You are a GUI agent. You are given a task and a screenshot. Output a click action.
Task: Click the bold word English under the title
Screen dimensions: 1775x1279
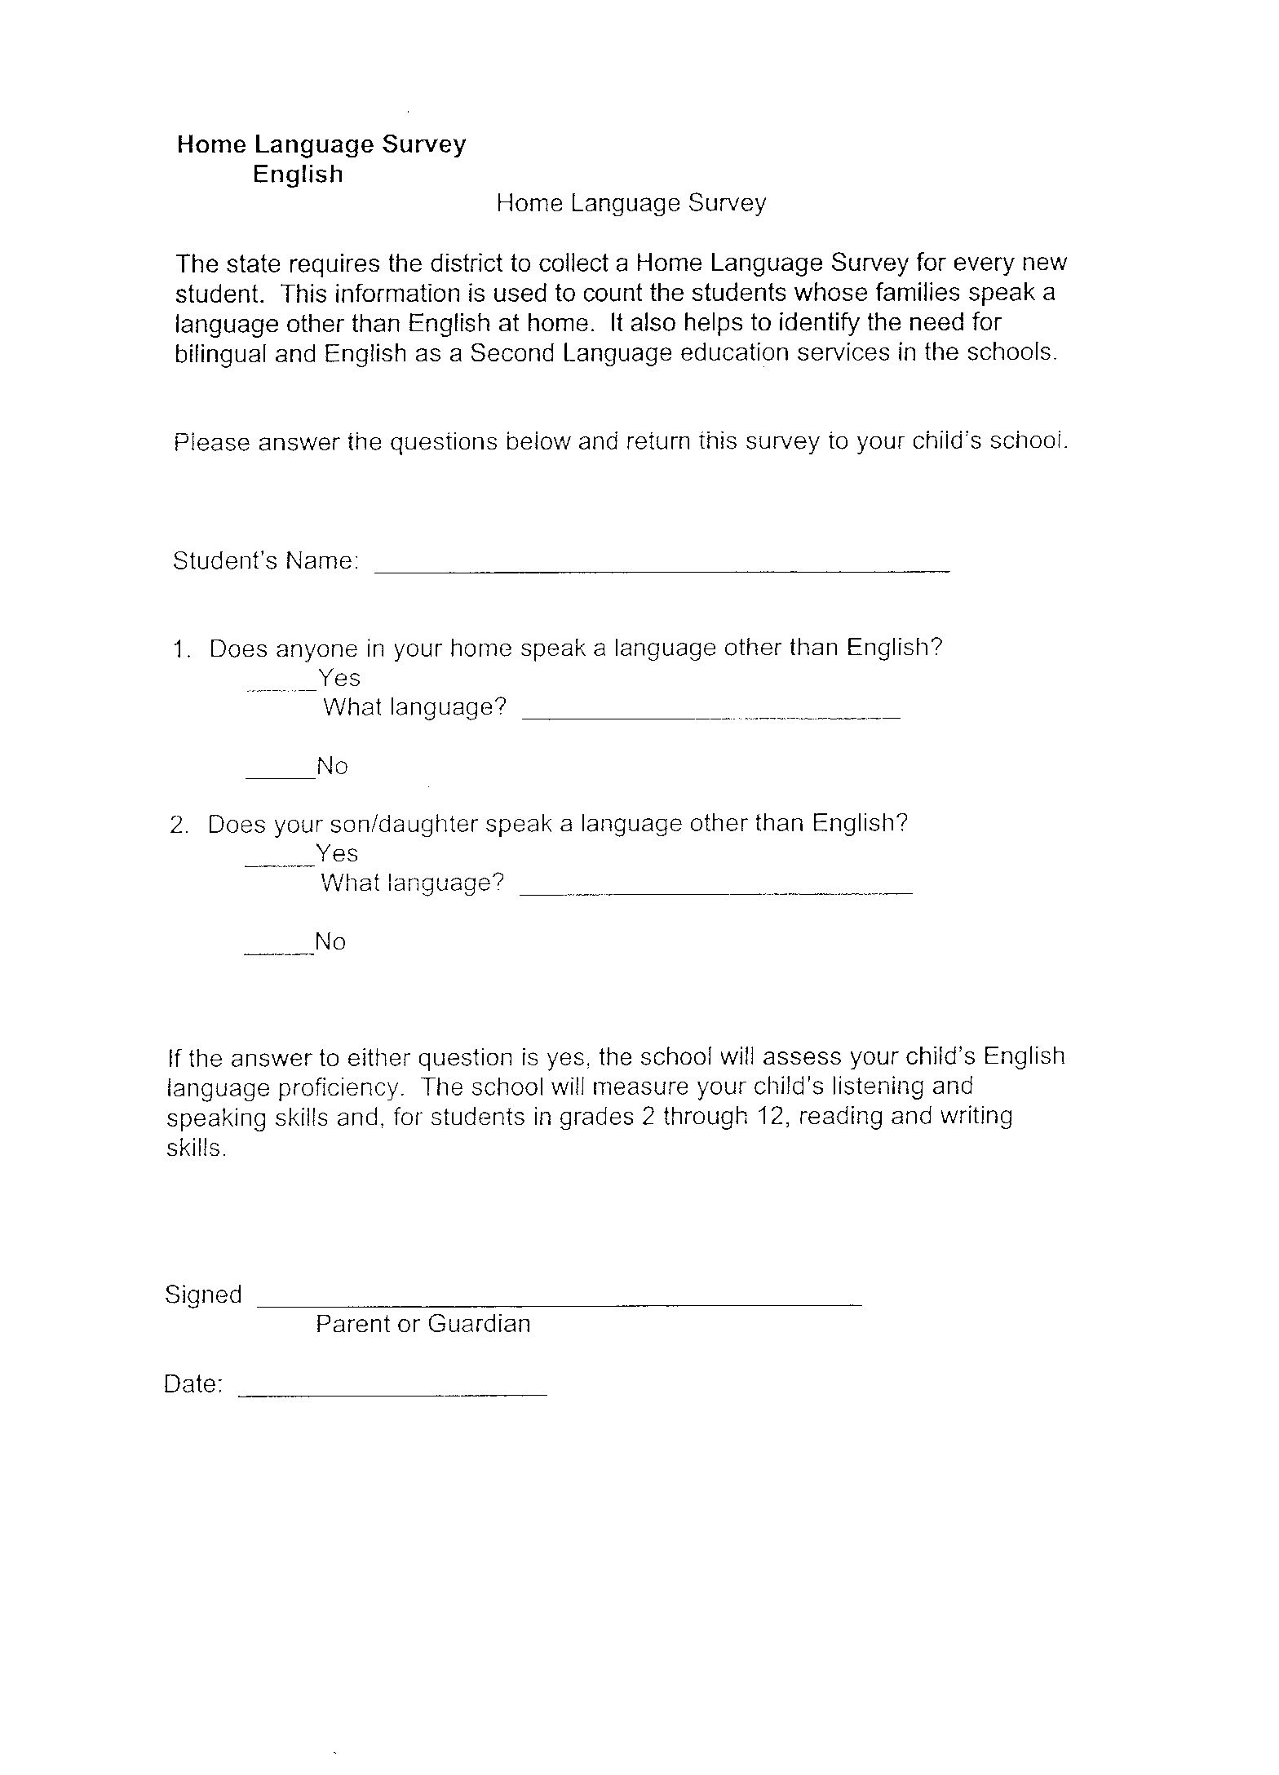point(298,174)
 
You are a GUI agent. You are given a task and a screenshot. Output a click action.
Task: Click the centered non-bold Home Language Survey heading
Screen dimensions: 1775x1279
point(631,203)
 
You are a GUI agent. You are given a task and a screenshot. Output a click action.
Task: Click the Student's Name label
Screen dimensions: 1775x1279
point(265,561)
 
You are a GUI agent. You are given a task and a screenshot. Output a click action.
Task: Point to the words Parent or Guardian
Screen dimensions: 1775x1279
point(423,1323)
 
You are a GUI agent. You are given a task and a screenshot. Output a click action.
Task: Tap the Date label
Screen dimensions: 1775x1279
point(193,1384)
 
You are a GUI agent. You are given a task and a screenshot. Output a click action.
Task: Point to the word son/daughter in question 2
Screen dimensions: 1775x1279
point(376,824)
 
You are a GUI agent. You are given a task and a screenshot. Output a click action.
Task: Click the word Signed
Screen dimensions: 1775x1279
point(203,1295)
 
